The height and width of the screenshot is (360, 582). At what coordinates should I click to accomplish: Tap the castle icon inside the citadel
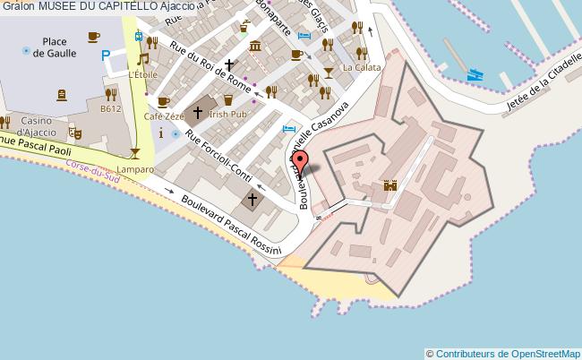pyautogui.click(x=390, y=186)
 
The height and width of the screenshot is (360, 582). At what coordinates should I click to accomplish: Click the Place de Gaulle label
pyautogui.click(x=54, y=47)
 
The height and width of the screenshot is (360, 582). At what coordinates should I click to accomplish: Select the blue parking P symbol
pyautogui.click(x=106, y=56)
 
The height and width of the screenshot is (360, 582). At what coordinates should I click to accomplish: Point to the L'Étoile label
pyautogui.click(x=142, y=75)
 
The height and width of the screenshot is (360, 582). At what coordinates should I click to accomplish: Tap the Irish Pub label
pyautogui.click(x=227, y=115)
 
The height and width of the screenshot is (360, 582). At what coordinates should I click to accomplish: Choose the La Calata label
pyautogui.click(x=367, y=68)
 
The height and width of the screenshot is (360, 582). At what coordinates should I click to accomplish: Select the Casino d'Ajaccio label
pyautogui.click(x=38, y=126)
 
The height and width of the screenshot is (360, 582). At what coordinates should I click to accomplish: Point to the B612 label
pyautogui.click(x=111, y=109)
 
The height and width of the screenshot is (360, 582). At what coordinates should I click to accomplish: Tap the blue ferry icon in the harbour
pyautogui.click(x=475, y=75)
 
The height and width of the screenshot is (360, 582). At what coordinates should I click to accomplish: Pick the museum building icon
pyautogui.click(x=256, y=46)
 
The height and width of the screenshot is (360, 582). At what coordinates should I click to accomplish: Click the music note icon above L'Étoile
pyautogui.click(x=141, y=60)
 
